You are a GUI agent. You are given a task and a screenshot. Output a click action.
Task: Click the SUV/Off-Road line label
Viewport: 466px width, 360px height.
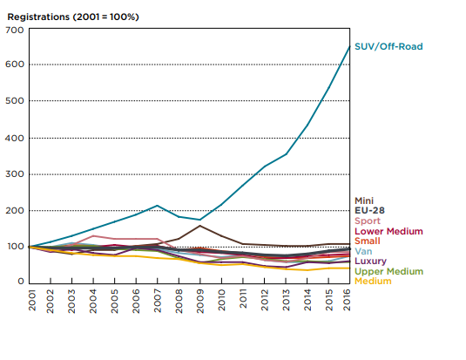[388, 47]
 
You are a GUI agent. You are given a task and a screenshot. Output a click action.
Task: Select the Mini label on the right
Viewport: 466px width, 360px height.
[364, 200]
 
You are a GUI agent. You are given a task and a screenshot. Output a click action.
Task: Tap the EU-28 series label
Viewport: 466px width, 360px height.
[369, 210]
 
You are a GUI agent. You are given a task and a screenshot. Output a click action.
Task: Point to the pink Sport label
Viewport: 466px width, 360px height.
[368, 221]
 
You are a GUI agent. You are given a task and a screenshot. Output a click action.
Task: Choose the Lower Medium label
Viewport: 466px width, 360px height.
[388, 231]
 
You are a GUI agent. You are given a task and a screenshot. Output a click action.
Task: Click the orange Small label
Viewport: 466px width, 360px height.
[368, 241]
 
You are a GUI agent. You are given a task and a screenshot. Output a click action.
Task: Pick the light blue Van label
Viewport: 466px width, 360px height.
[363, 251]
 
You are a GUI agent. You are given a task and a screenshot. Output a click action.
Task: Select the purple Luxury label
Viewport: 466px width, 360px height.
[370, 262]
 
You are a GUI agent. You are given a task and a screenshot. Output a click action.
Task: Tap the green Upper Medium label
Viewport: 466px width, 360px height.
[388, 271]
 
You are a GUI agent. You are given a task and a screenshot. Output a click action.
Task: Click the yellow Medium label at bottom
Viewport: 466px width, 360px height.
[373, 282]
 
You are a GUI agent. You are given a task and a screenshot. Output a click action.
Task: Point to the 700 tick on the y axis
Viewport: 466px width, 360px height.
[14, 30]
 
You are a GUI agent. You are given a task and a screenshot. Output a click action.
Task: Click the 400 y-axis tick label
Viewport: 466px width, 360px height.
[14, 138]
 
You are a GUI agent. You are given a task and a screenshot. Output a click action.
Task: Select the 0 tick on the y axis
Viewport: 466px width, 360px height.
[21, 282]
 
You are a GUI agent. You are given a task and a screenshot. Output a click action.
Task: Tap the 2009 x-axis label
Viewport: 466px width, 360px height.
[200, 301]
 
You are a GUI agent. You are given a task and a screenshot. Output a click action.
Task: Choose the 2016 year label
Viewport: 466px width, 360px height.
[347, 300]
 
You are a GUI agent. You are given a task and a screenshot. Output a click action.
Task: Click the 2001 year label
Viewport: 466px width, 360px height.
[32, 300]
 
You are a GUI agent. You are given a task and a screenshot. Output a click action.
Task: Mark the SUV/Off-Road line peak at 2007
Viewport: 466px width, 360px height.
[157, 206]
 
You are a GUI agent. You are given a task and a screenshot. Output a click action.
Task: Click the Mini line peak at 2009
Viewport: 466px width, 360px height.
[199, 226]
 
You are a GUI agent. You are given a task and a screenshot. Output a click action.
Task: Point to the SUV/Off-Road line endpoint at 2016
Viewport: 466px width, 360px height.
[349, 46]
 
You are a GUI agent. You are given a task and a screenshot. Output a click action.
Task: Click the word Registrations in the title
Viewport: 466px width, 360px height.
[38, 17]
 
